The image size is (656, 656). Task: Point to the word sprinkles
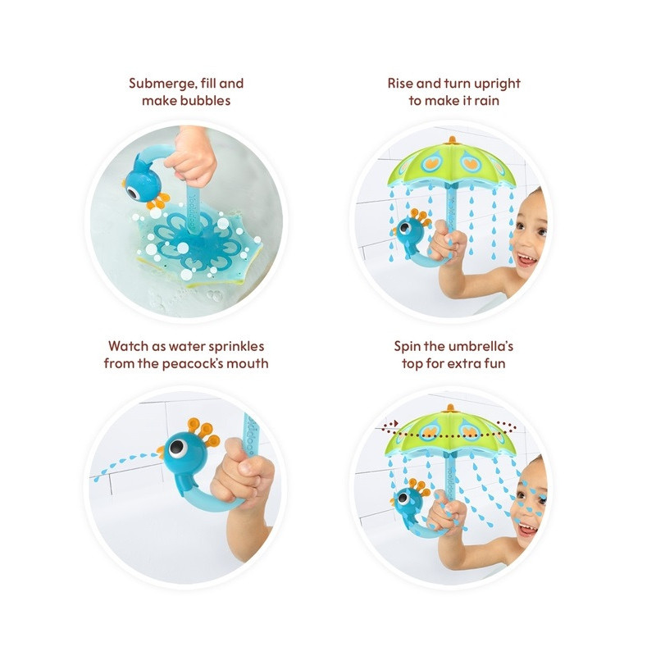point(236,347)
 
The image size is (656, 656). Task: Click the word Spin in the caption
point(407,347)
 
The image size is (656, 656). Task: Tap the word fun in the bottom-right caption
point(495,363)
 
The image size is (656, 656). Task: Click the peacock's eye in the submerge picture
point(134,194)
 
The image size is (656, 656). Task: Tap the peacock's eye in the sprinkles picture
point(177,448)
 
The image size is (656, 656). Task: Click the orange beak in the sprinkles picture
point(160,452)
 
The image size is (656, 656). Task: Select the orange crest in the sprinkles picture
point(203,431)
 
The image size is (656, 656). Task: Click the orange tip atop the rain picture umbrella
point(452,140)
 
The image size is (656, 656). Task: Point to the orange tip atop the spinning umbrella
point(450,408)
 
